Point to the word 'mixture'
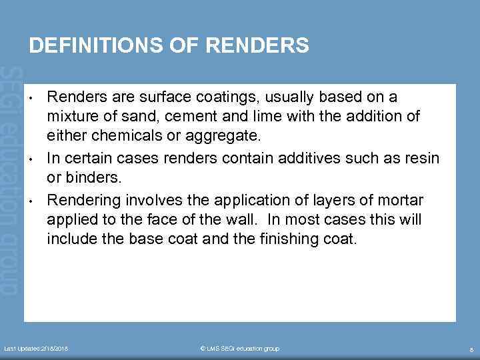pyautogui.click(x=71, y=117)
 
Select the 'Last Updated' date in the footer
pyautogui.click(x=36, y=349)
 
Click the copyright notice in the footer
pyautogui.click(x=239, y=349)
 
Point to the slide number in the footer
pyautogui.click(x=471, y=349)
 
